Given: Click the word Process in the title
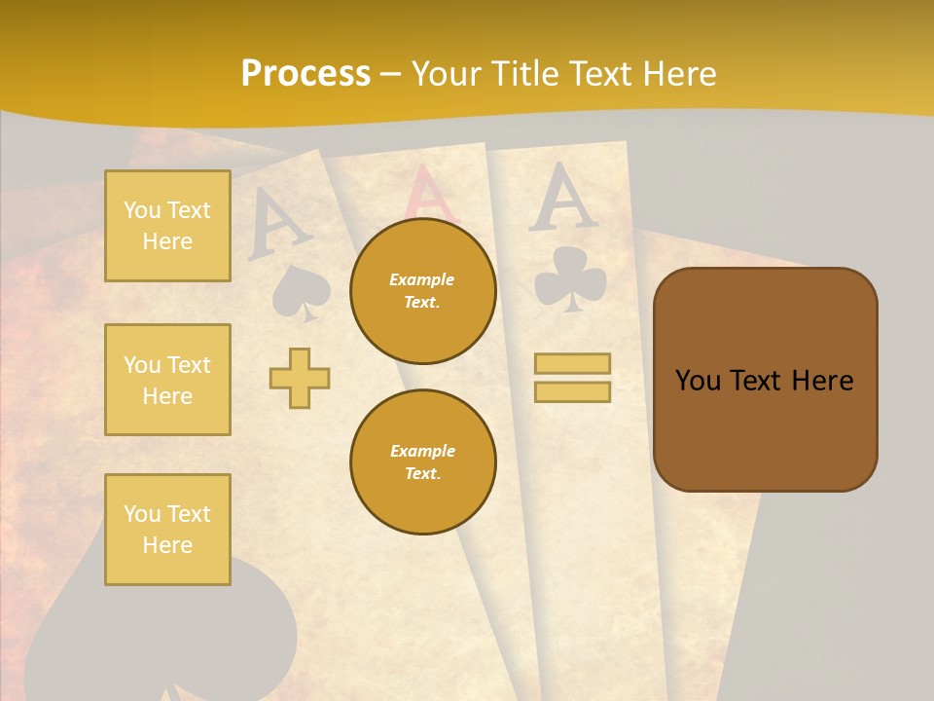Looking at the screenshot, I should click(x=305, y=74).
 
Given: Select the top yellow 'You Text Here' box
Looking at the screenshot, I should click(x=167, y=226).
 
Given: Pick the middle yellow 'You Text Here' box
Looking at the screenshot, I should click(x=167, y=380).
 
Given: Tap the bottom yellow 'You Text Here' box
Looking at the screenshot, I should click(x=167, y=530).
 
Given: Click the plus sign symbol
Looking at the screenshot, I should click(x=300, y=378).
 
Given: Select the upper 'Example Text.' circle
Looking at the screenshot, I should click(x=423, y=290).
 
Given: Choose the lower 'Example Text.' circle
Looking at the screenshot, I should click(x=423, y=461).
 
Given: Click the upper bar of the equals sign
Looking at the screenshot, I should click(x=572, y=364).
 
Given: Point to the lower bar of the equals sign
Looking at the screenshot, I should click(x=572, y=391).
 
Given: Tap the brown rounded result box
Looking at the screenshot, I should click(x=765, y=380).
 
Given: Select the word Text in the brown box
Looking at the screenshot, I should click(x=762, y=381).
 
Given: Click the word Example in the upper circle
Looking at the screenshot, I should click(x=421, y=279).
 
